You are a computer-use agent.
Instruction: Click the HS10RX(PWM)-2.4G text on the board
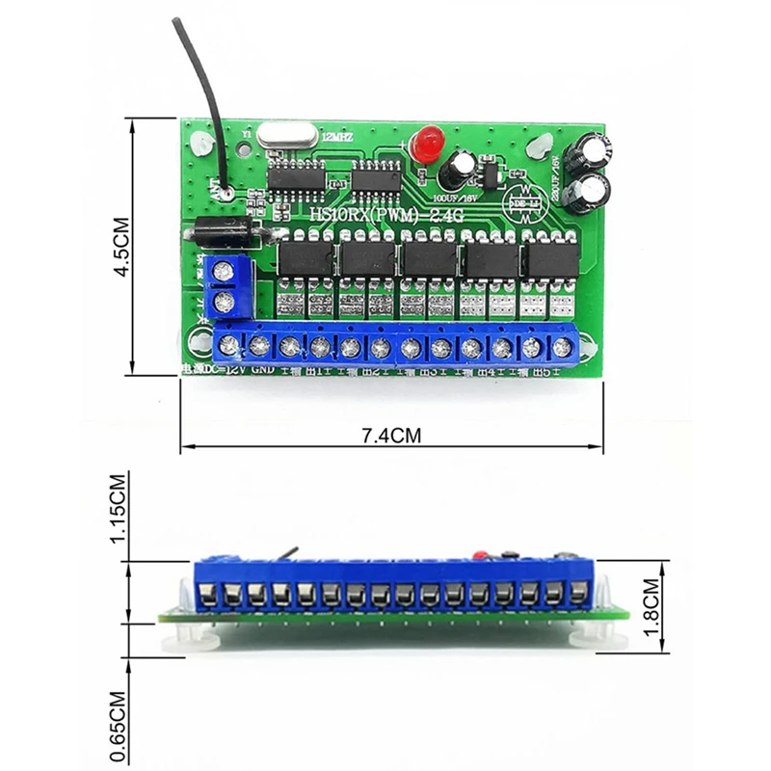(385, 218)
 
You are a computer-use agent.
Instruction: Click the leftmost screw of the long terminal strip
(228, 344)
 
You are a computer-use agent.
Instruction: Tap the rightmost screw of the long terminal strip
(562, 345)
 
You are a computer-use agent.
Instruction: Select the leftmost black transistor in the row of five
(306, 259)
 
